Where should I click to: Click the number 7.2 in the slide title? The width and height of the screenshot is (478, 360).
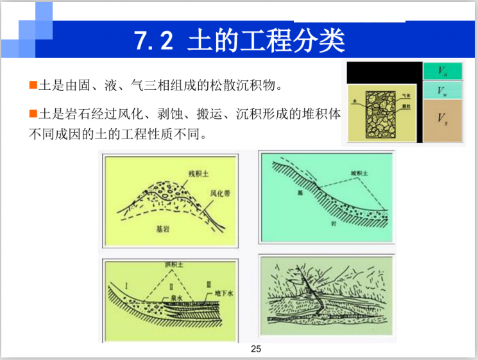[153, 40]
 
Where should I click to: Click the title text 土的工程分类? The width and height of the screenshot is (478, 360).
[266, 40]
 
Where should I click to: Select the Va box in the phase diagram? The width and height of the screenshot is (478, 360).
[442, 71]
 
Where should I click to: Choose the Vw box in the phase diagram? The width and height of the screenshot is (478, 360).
[442, 90]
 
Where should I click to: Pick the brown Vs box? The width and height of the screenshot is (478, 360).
[442, 119]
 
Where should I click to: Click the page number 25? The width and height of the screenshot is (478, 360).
[256, 350]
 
